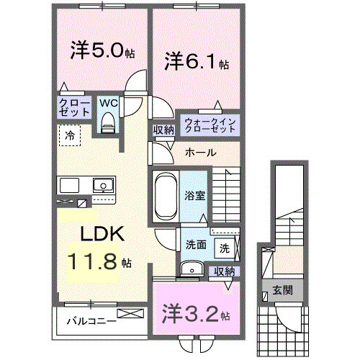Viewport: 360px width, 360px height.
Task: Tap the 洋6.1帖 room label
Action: pos(195,62)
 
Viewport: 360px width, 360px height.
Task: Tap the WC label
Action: pos(108,104)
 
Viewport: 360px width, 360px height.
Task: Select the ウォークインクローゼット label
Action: pos(210,124)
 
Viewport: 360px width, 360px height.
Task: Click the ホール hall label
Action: pos(198,153)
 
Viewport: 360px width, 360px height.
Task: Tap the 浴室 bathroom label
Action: pos(194,194)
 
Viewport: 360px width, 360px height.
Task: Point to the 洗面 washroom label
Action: pos(195,245)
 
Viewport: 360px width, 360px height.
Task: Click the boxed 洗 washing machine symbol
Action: pos(225,248)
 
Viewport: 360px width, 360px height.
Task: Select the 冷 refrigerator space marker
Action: pos(70,135)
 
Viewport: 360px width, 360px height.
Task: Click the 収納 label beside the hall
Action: pos(163,130)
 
